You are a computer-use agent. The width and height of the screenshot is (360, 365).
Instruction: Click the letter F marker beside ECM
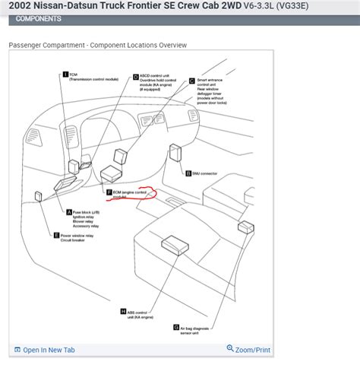(109, 192)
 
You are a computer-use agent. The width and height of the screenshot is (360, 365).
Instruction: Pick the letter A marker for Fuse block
(69, 211)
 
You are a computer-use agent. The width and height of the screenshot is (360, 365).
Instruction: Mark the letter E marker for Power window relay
(55, 236)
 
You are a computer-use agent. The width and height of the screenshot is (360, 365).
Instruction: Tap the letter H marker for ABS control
(123, 312)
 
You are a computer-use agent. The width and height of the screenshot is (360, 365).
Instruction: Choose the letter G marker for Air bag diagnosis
(176, 327)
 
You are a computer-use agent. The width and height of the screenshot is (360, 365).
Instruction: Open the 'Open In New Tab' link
(48, 350)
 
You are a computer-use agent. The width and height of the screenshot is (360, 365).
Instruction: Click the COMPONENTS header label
(39, 19)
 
